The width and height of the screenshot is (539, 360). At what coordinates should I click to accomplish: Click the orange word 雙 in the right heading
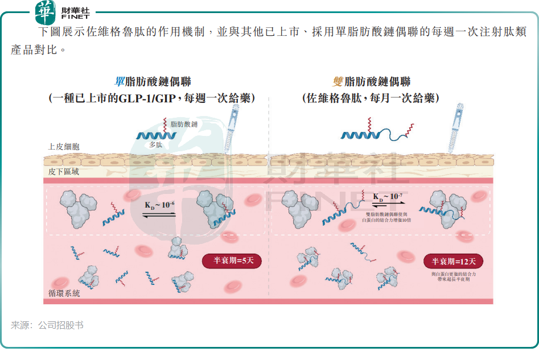(x=338, y=81)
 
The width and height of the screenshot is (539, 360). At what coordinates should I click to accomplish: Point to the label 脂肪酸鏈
(x=184, y=124)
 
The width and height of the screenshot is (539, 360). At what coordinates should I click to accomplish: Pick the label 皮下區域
(x=63, y=171)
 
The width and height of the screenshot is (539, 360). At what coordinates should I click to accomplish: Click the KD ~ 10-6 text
(x=160, y=204)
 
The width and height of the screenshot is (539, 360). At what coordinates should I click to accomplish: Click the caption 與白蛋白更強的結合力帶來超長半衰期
(x=453, y=277)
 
